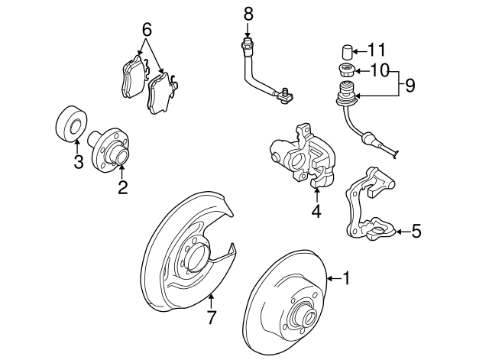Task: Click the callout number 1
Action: (x=345, y=279)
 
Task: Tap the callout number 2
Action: (x=122, y=187)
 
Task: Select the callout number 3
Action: (x=78, y=161)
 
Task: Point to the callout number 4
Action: (x=316, y=211)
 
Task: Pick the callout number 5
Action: (x=416, y=230)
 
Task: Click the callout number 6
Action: (x=147, y=31)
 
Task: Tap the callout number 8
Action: (x=248, y=13)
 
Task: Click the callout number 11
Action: (x=377, y=50)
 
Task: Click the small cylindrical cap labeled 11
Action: (x=346, y=52)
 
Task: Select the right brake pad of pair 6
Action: (x=163, y=93)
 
